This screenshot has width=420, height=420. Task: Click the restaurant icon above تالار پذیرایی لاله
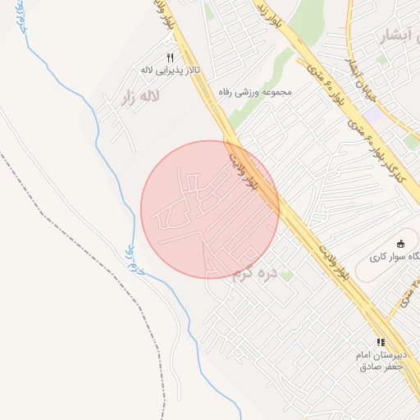pyautogui.click(x=171, y=57)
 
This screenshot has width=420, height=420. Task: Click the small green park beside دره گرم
pyautogui.click(x=285, y=276)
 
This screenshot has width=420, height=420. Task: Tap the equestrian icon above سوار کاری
pyautogui.click(x=400, y=244)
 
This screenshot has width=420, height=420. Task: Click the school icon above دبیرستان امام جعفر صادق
pyautogui.click(x=381, y=341)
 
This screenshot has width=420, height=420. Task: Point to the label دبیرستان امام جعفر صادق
pyautogui.click(x=381, y=360)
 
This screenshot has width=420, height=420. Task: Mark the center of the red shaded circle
pyautogui.click(x=210, y=209)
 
